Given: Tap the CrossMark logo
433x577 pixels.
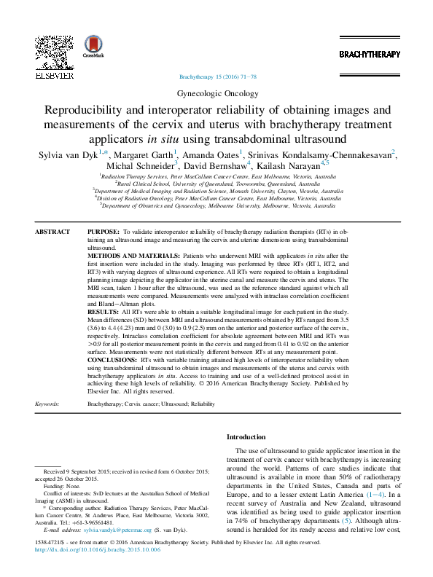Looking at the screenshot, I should tap(93, 47).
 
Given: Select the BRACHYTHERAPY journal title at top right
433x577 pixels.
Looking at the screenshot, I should tap(370, 55).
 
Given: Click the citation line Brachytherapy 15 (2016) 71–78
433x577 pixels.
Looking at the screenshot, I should tap(217, 76).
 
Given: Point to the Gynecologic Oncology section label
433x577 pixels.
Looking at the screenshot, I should tap(217, 93).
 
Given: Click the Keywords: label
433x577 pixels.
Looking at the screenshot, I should tap(47, 403).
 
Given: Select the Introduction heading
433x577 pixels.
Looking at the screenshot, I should tap(246, 437).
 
